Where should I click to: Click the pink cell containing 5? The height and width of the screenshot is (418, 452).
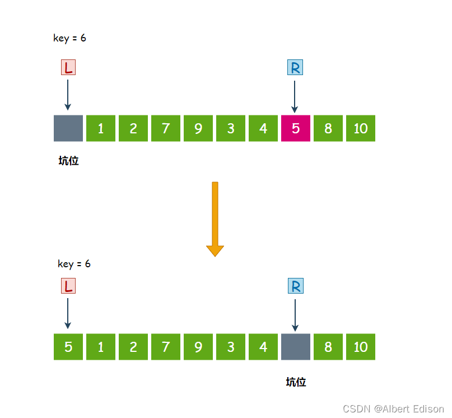[x=296, y=128]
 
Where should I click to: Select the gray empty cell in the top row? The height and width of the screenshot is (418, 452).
[x=68, y=128]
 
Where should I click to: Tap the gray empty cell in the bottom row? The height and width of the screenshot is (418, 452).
[x=296, y=347]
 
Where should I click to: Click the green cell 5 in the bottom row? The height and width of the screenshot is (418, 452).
[x=68, y=347]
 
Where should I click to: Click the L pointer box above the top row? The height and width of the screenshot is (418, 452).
[x=68, y=68]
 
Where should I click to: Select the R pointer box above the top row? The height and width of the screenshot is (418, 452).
[x=295, y=68]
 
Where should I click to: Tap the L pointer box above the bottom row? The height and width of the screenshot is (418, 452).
[x=68, y=286]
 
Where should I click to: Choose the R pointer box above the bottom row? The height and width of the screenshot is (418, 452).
[x=295, y=286]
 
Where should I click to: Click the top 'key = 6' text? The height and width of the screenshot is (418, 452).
[x=69, y=38]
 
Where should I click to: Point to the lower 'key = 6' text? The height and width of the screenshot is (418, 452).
[x=74, y=264]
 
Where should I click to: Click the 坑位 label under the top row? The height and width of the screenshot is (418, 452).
[x=68, y=161]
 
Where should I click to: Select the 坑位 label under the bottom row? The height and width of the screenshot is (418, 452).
[x=296, y=382]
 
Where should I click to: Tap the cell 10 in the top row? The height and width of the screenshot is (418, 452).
[x=361, y=128]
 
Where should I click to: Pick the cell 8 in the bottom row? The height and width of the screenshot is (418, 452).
[x=328, y=347]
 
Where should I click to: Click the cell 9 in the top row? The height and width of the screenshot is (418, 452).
[x=198, y=128]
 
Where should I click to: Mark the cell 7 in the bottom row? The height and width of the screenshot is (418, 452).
[x=166, y=347]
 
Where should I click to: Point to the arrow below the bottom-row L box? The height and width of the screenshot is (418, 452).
[x=68, y=313]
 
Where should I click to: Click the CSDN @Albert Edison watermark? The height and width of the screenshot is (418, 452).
[x=393, y=409]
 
